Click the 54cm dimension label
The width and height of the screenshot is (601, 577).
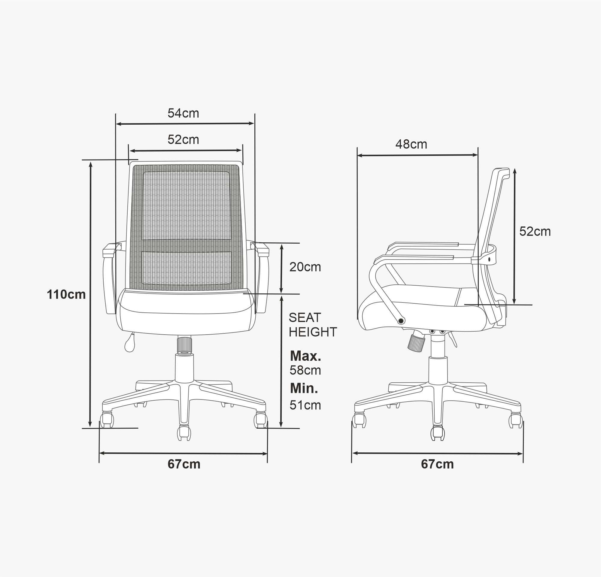[183, 114]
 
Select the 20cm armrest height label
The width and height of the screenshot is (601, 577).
[305, 267]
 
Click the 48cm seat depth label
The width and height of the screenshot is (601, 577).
[411, 144]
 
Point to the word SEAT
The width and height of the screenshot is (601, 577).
[305, 317]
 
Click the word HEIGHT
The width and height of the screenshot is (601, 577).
[313, 332]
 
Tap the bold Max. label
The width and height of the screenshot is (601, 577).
[305, 356]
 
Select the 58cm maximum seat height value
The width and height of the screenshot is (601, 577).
[305, 370]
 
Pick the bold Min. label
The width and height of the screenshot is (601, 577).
[304, 388]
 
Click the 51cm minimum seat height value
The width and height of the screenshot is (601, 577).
[305, 405]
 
